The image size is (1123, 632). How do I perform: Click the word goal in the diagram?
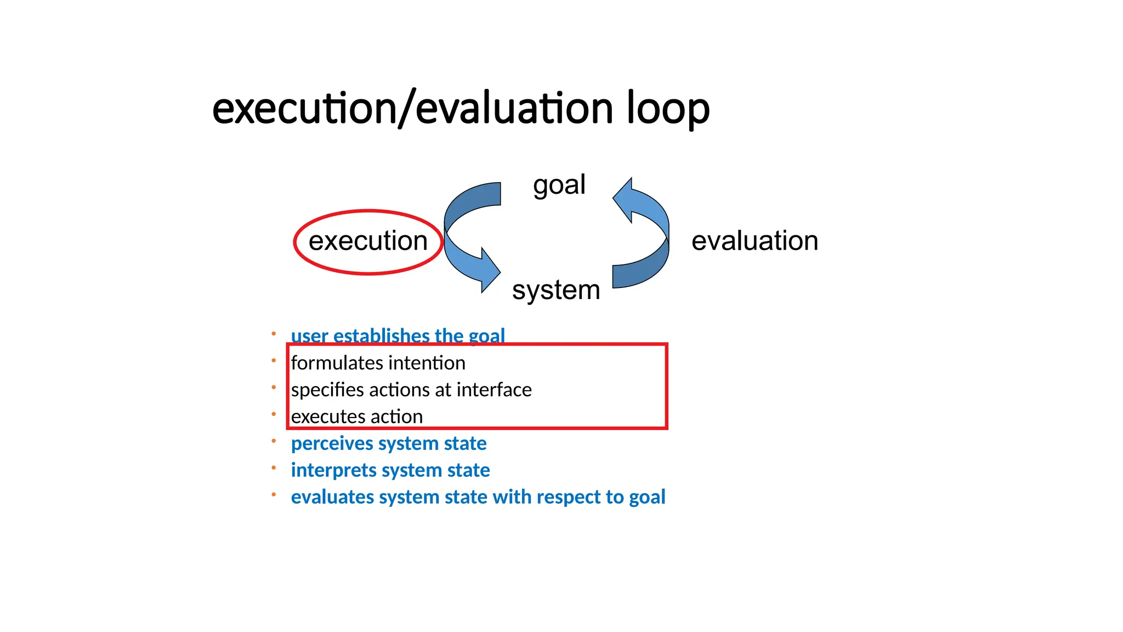click(559, 185)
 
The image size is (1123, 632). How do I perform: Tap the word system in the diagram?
click(556, 290)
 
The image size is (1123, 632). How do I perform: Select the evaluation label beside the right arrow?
click(755, 241)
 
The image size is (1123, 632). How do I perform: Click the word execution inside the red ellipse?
click(368, 241)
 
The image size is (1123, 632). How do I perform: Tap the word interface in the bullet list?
click(494, 390)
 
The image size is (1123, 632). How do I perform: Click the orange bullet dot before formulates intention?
click(274, 360)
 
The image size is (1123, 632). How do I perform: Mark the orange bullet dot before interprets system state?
click(274, 468)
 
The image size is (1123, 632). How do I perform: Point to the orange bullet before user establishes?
click(274, 334)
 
